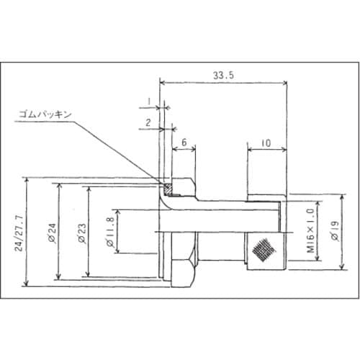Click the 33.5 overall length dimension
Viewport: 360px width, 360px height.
[222, 73]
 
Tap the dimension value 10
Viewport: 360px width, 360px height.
[266, 143]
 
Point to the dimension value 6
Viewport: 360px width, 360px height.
[184, 143]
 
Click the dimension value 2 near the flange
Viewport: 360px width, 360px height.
[148, 122]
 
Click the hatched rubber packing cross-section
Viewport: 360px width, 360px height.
[168, 189]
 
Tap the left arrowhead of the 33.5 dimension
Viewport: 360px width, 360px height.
[161, 82]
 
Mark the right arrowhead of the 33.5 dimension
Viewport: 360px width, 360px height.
[286, 82]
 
